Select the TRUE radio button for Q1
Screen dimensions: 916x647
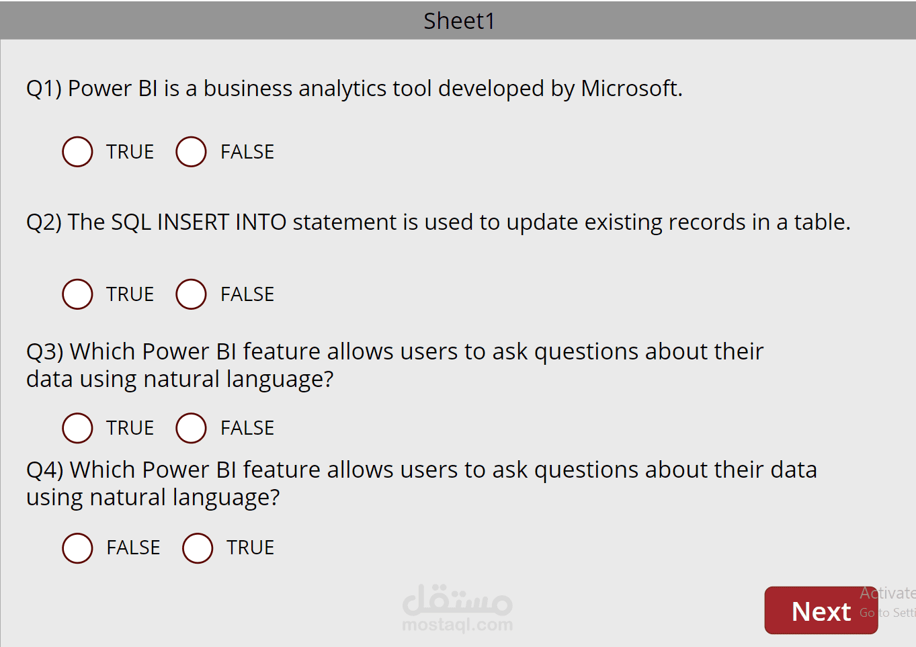click(x=77, y=152)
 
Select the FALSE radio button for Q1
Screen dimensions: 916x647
click(x=191, y=152)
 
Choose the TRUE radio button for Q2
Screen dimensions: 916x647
click(x=77, y=294)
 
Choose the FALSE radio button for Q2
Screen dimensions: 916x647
click(x=191, y=294)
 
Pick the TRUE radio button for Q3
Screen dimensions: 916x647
click(x=77, y=428)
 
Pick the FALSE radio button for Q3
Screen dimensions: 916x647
click(x=191, y=428)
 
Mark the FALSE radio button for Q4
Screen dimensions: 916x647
click(x=77, y=548)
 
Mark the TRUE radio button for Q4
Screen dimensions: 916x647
click(x=198, y=548)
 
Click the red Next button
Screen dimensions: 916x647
click(x=821, y=610)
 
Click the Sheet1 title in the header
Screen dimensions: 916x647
click(x=459, y=21)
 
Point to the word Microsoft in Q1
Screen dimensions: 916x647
click(x=632, y=88)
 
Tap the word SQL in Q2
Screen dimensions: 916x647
click(x=131, y=223)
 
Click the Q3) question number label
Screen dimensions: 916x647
click(x=44, y=352)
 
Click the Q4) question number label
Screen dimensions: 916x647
click(x=44, y=470)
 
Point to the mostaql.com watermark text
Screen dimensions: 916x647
click(x=458, y=625)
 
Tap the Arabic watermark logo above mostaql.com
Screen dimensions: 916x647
click(x=458, y=599)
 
